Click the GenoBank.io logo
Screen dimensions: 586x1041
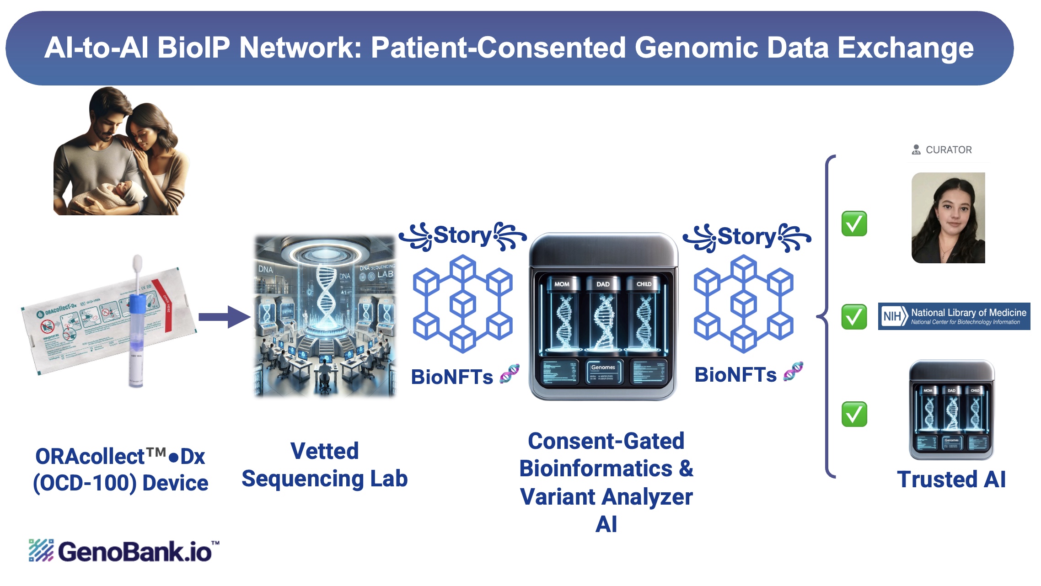point(124,551)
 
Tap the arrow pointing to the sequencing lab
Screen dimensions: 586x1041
point(224,317)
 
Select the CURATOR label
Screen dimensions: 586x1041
point(948,150)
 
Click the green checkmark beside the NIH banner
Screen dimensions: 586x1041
point(854,317)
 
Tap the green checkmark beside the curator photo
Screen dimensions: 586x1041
point(854,224)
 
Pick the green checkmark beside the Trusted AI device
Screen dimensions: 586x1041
point(854,414)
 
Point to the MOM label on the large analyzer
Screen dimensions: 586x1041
point(562,284)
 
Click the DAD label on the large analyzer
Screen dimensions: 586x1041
point(603,284)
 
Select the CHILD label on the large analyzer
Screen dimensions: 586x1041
point(644,284)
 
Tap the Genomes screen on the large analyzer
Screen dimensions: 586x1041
point(603,372)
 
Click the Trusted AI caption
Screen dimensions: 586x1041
point(951,479)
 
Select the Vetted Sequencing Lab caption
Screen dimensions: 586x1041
point(324,465)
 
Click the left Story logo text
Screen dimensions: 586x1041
point(462,235)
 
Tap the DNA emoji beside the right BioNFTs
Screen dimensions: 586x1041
point(794,372)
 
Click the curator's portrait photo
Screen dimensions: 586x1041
point(948,218)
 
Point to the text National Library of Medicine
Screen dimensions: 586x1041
point(968,313)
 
